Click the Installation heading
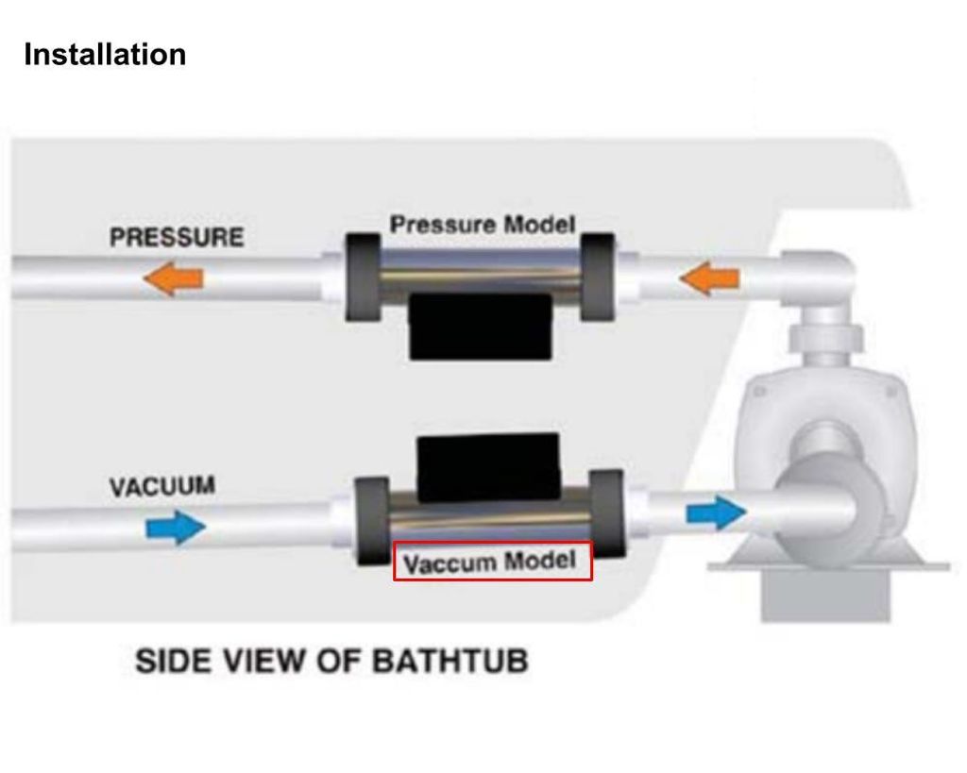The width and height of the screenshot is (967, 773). (105, 55)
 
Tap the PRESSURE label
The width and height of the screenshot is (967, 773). (177, 237)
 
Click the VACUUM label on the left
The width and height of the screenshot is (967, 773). (161, 487)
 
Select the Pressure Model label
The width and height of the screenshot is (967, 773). (483, 226)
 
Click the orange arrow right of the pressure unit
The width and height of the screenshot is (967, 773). (709, 278)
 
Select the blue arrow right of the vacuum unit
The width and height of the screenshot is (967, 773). (715, 513)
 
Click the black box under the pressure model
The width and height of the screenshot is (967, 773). (480, 326)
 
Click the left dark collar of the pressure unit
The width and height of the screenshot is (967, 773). (363, 274)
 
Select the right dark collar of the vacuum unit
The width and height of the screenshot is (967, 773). (604, 514)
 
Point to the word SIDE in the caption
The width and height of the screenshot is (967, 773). (171, 660)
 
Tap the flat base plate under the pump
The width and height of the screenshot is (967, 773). (828, 567)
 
